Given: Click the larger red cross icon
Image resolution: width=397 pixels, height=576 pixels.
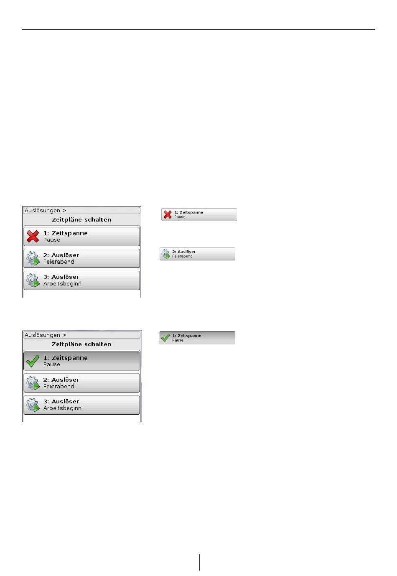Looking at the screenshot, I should [x=33, y=236].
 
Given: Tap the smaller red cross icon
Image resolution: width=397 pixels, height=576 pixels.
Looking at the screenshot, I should [x=168, y=214].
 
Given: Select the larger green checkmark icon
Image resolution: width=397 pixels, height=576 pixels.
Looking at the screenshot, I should [x=33, y=361].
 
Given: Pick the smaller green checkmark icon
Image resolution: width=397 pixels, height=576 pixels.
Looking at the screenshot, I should [x=165, y=338].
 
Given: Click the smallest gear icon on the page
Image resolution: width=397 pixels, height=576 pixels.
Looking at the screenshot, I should [x=165, y=254].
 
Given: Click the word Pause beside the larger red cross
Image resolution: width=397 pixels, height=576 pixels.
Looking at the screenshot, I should [x=52, y=240].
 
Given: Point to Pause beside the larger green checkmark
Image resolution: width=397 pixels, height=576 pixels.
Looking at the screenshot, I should [x=52, y=364].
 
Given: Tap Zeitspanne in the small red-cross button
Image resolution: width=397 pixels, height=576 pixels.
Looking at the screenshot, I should [x=191, y=212].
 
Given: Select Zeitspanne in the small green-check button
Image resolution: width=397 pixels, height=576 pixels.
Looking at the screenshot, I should [x=189, y=336].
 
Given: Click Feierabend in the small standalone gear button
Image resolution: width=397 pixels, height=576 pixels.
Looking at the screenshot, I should [x=182, y=256].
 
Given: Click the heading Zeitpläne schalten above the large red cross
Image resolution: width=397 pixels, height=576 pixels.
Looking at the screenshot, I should [x=81, y=219].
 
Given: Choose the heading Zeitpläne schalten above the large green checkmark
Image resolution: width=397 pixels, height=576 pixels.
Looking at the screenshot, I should [x=81, y=344].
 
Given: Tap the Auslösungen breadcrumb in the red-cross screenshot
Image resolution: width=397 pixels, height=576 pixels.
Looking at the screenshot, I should [x=42, y=211].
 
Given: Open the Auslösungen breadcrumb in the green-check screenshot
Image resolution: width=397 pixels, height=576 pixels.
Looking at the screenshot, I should [x=42, y=335].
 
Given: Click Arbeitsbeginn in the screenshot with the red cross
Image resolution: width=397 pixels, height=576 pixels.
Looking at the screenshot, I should [x=62, y=284].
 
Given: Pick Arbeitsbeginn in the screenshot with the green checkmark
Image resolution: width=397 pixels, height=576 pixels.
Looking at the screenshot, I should [x=62, y=408].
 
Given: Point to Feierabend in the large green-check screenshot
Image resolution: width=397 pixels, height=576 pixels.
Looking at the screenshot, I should [x=59, y=387].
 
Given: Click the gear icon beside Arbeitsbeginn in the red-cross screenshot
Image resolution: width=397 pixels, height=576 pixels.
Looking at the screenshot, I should [x=33, y=280].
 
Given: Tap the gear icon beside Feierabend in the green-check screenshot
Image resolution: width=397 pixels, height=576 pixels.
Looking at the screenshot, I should [x=33, y=382].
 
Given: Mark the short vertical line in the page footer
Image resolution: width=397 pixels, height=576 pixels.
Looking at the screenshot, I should [x=200, y=562].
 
